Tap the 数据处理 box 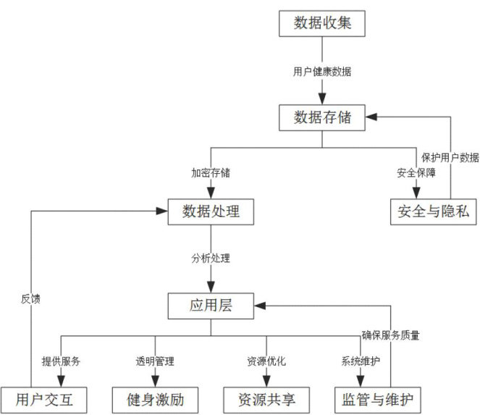211,211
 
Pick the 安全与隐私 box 434,211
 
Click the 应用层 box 211,306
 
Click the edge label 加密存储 211,173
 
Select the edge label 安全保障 416,173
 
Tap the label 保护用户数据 450,156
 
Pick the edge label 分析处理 211,257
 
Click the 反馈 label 30,298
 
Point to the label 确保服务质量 390,335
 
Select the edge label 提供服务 61,361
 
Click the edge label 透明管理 155,361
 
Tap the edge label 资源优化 266,361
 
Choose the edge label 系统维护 361,361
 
